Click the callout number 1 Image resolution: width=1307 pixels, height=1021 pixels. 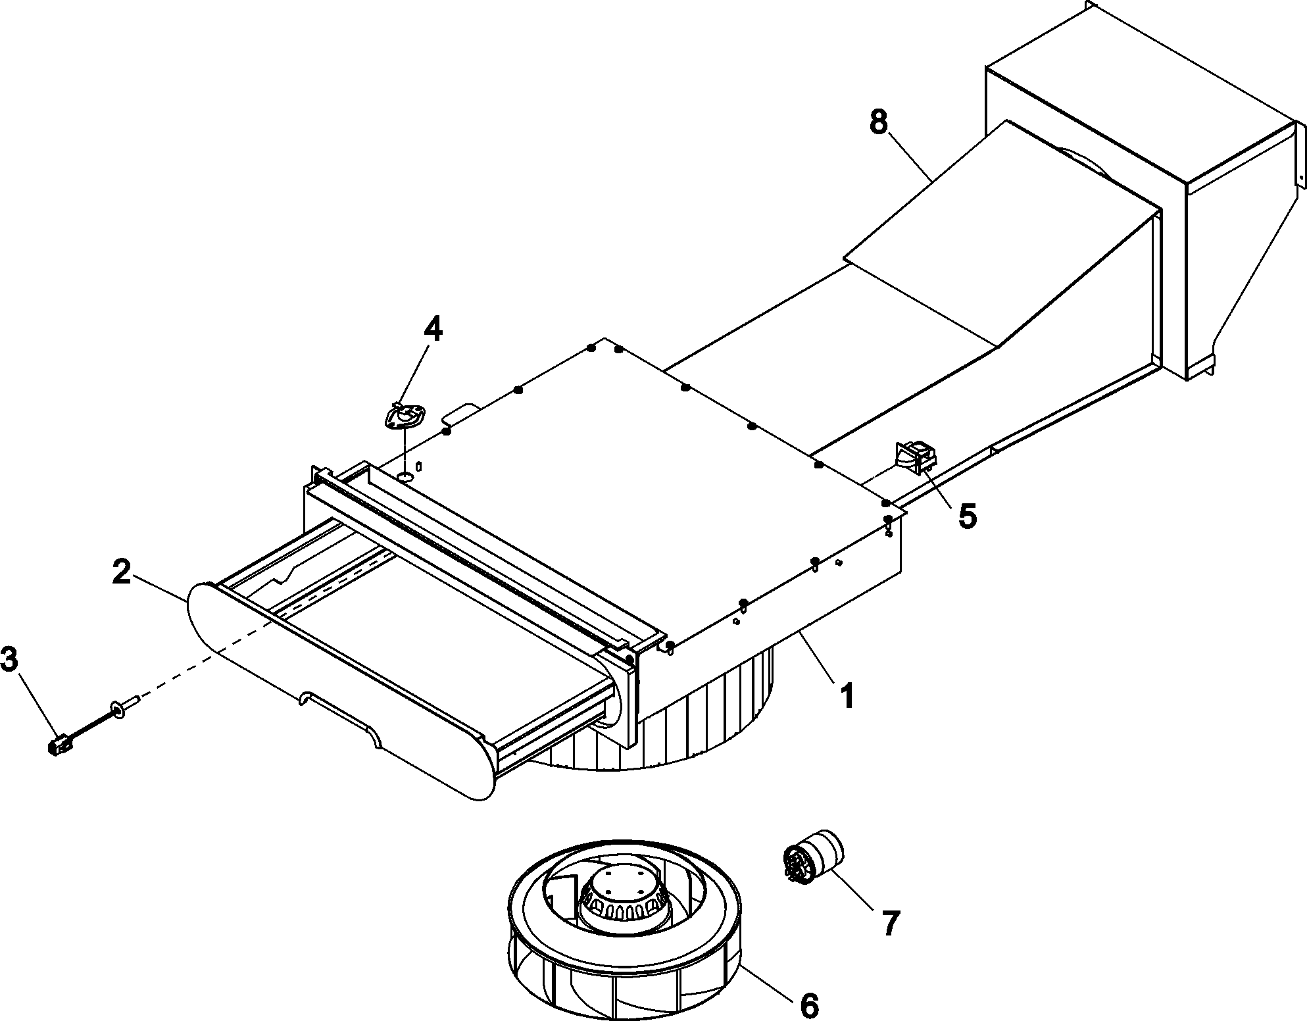[847, 697]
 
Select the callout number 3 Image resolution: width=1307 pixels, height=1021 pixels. [11, 660]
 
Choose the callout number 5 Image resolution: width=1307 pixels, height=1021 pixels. [966, 516]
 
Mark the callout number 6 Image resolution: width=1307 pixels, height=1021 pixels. [808, 1005]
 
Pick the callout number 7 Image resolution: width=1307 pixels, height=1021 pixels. [889, 923]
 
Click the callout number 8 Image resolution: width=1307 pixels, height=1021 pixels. [878, 122]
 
